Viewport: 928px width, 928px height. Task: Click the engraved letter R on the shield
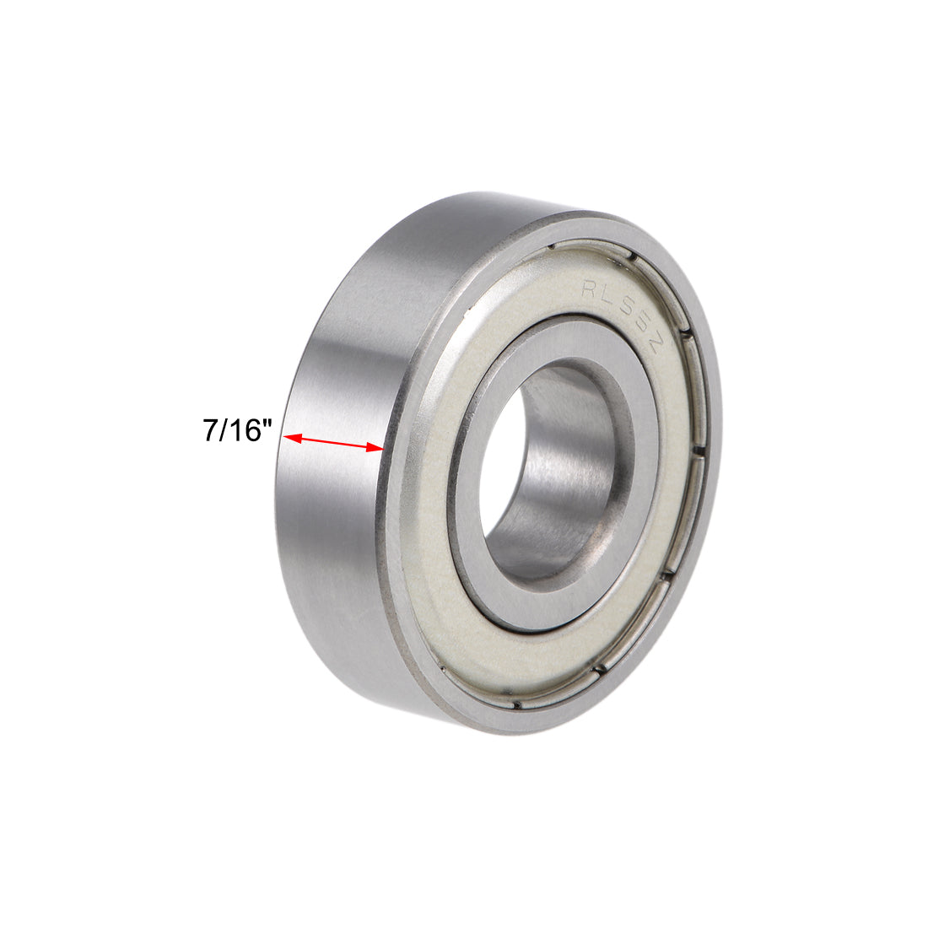pyautogui.click(x=588, y=289)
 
